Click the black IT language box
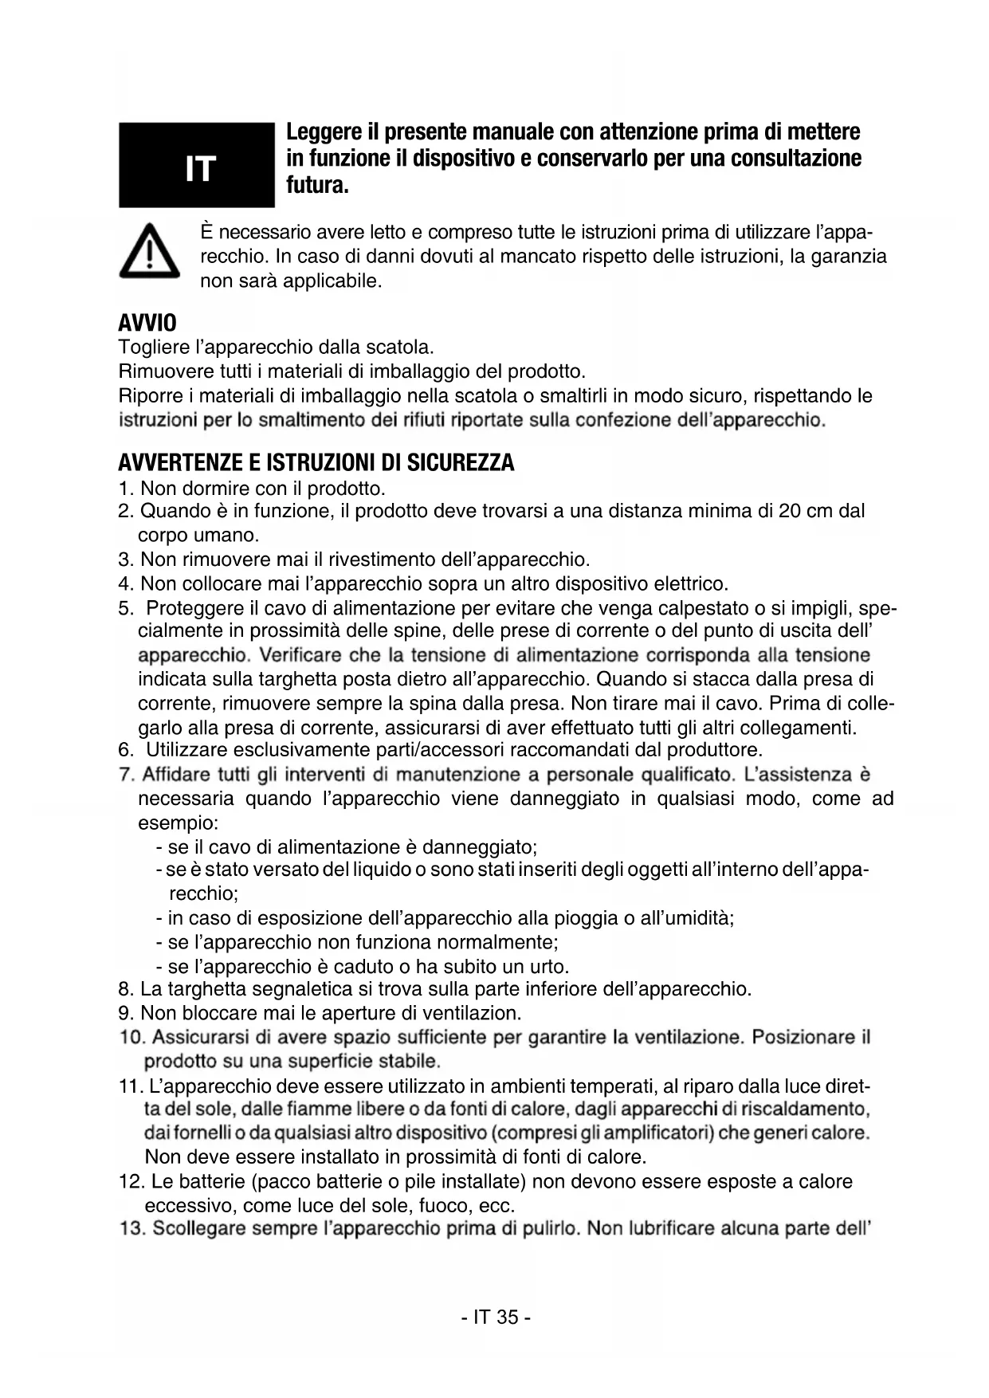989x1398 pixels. (x=196, y=165)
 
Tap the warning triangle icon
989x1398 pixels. (x=149, y=251)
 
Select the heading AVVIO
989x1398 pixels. (x=147, y=324)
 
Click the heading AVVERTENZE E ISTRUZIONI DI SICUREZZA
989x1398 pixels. (x=316, y=463)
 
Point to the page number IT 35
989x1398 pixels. (x=495, y=1317)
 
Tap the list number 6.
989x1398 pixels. (x=125, y=750)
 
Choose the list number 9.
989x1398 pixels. (x=124, y=1013)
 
